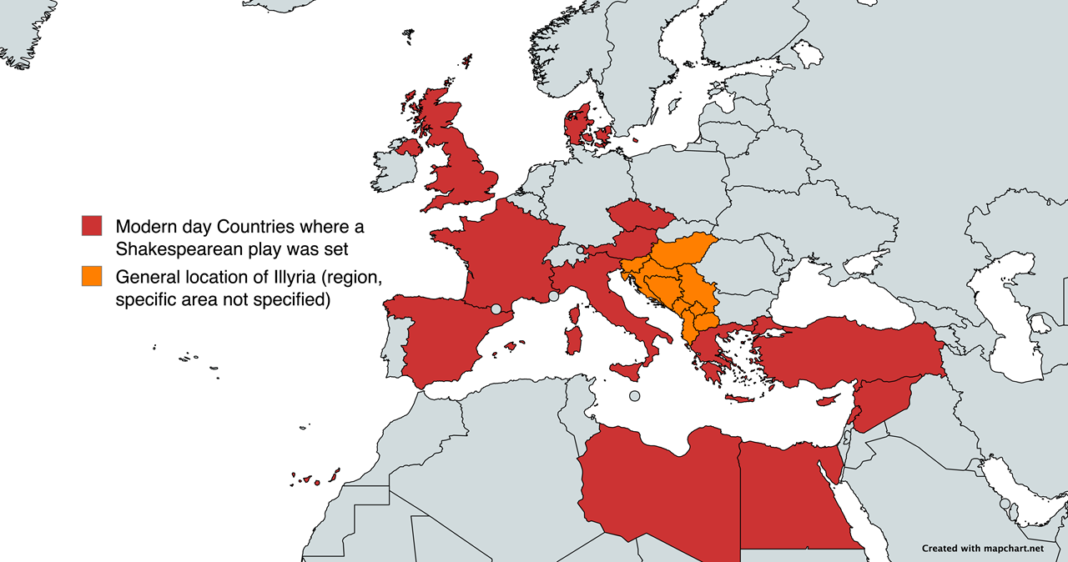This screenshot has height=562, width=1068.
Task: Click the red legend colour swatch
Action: point(92,226)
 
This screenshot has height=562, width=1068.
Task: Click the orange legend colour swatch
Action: point(92,276)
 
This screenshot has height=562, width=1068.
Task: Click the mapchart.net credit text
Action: point(982,548)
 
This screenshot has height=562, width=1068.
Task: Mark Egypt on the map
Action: point(793,492)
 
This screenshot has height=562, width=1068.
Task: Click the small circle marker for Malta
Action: point(635,395)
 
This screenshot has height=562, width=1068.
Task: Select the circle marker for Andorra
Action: point(496,309)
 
